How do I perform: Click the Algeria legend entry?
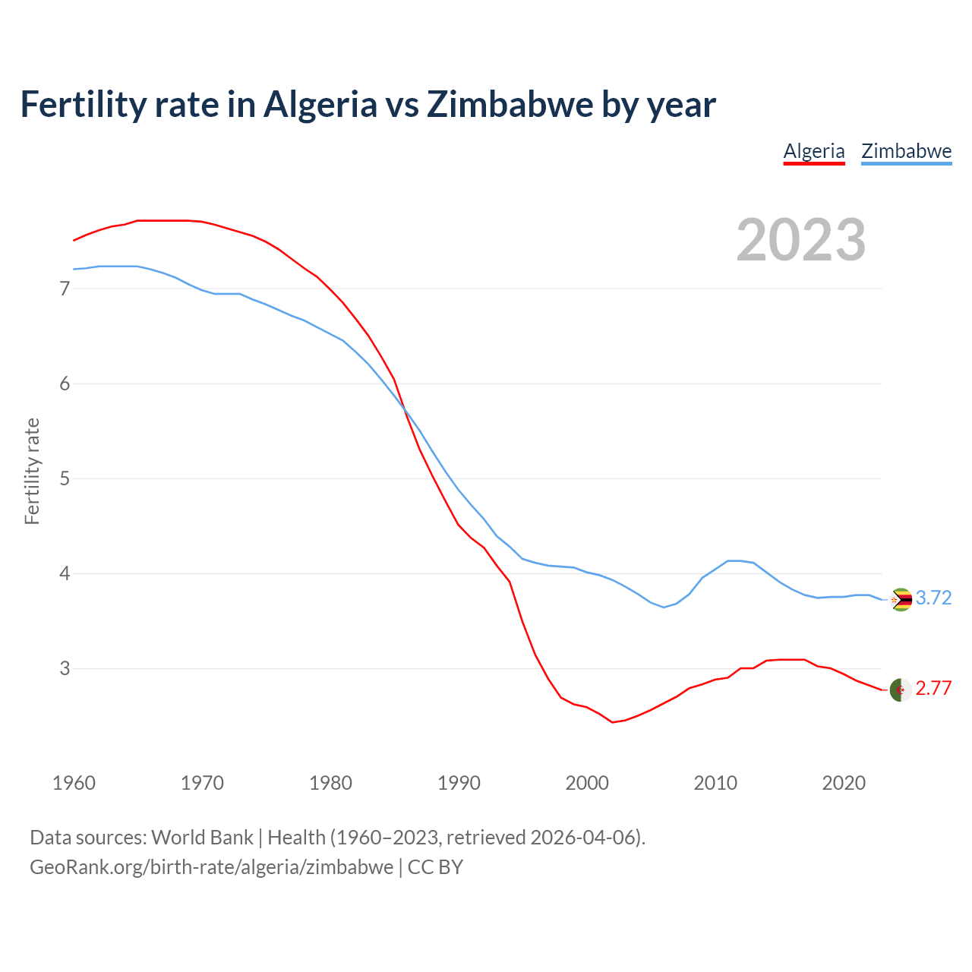click(x=813, y=151)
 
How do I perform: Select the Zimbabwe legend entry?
click(x=906, y=151)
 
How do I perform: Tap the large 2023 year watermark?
click(x=800, y=240)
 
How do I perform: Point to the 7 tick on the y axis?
click(x=65, y=289)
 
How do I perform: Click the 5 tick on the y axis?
click(x=65, y=478)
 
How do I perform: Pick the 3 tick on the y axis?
click(x=65, y=668)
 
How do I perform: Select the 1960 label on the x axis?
click(x=74, y=783)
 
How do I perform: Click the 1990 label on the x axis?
click(x=459, y=783)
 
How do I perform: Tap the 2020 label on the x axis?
click(x=844, y=783)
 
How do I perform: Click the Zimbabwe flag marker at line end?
click(x=901, y=600)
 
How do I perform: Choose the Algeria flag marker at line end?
click(x=901, y=690)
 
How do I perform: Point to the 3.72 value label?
click(x=933, y=598)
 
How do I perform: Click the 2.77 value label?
click(x=933, y=689)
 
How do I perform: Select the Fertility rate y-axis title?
click(x=32, y=471)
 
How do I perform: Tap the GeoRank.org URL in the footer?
click(x=211, y=867)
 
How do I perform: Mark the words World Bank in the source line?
click(x=202, y=838)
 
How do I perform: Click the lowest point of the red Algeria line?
click(x=612, y=722)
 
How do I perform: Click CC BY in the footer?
click(x=435, y=867)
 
